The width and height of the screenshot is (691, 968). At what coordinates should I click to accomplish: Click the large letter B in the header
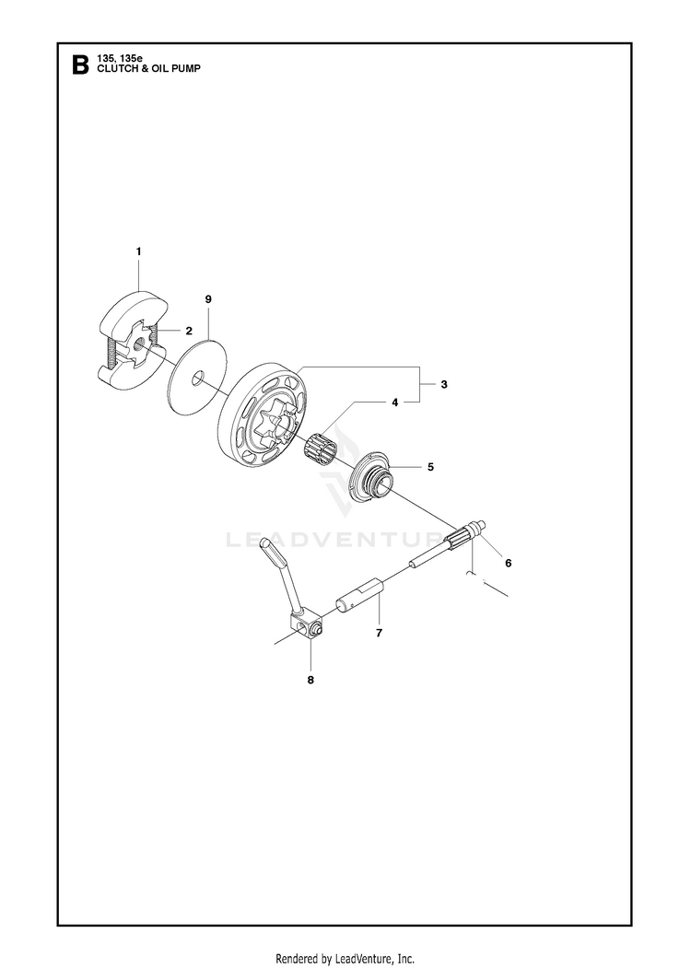(80, 64)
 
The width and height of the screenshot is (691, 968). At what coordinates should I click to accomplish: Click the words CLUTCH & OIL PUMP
(148, 68)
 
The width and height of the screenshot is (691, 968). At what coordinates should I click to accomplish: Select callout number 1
(138, 251)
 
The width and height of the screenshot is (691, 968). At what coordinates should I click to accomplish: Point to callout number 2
(189, 331)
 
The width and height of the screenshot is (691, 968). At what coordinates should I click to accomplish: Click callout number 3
(444, 384)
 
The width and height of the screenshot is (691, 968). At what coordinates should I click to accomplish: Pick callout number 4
(394, 402)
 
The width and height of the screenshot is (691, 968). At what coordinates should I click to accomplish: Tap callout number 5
(430, 467)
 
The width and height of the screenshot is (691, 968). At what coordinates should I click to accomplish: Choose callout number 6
(509, 563)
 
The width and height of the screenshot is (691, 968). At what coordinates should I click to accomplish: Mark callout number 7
(380, 633)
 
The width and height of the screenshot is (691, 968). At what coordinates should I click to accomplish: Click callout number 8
(310, 680)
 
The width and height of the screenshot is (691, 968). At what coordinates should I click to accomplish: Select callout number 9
(208, 298)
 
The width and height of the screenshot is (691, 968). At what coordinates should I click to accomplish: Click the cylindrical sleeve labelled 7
(359, 594)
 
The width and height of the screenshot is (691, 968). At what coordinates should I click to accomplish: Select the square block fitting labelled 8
(306, 628)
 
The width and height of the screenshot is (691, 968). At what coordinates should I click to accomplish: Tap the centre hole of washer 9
(197, 378)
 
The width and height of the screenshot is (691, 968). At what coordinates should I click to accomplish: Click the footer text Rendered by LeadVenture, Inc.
(345, 958)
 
